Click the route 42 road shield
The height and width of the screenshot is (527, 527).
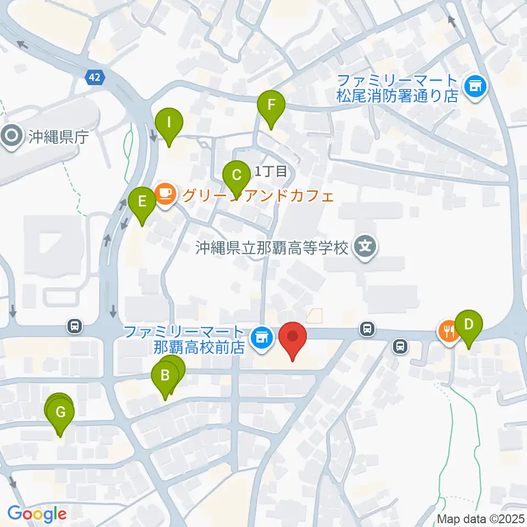coord(95,78)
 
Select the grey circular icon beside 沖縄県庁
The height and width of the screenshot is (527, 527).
coord(12,136)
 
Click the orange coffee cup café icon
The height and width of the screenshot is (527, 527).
coord(165,193)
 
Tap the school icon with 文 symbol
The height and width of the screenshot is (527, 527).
coord(366,247)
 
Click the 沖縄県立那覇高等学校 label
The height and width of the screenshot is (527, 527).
coord(272,248)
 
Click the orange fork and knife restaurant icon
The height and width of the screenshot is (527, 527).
coord(448,330)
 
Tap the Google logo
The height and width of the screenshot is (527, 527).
coord(37,514)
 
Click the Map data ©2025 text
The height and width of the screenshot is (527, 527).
coord(481,518)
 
